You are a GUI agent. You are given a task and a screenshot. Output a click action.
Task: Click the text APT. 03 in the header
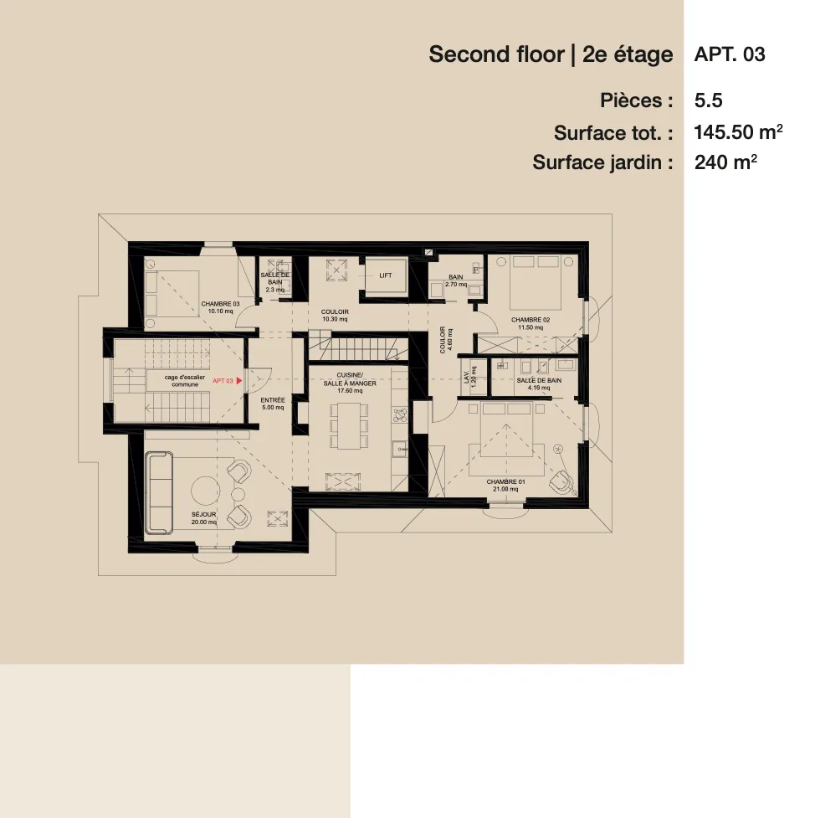(x=729, y=55)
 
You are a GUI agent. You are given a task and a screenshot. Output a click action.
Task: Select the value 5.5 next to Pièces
(x=708, y=101)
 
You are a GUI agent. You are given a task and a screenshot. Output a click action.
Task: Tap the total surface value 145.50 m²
(x=738, y=132)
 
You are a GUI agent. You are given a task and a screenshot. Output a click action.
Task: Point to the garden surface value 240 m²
(x=725, y=162)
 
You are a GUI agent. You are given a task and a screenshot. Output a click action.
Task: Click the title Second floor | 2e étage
(x=551, y=55)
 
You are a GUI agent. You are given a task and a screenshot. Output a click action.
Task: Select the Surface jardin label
(x=602, y=162)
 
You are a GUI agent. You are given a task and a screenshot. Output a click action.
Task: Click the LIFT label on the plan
(x=385, y=275)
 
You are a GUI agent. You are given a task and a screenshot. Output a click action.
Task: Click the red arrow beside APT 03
(x=240, y=381)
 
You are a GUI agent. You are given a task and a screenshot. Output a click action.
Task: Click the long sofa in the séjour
(x=158, y=492)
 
